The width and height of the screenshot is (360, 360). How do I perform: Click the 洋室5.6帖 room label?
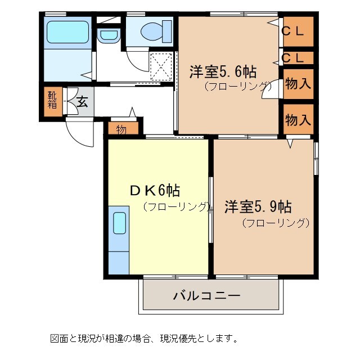[223, 71]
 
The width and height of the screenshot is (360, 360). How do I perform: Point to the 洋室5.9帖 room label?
[258, 206]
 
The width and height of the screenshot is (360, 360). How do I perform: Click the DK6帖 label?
[155, 190]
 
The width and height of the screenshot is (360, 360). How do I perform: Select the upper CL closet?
[297, 31]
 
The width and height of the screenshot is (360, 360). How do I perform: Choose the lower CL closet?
[297, 58]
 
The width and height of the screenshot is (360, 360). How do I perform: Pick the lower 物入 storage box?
[298, 119]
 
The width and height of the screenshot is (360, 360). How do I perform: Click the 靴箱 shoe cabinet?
[52, 100]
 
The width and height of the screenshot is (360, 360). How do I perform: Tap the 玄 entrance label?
[82, 102]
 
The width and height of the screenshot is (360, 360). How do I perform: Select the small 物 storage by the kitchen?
[121, 129]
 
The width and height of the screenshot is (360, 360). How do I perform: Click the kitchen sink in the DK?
[119, 223]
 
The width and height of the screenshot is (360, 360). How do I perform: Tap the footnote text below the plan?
[143, 338]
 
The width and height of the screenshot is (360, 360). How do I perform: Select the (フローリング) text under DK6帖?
[175, 206]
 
